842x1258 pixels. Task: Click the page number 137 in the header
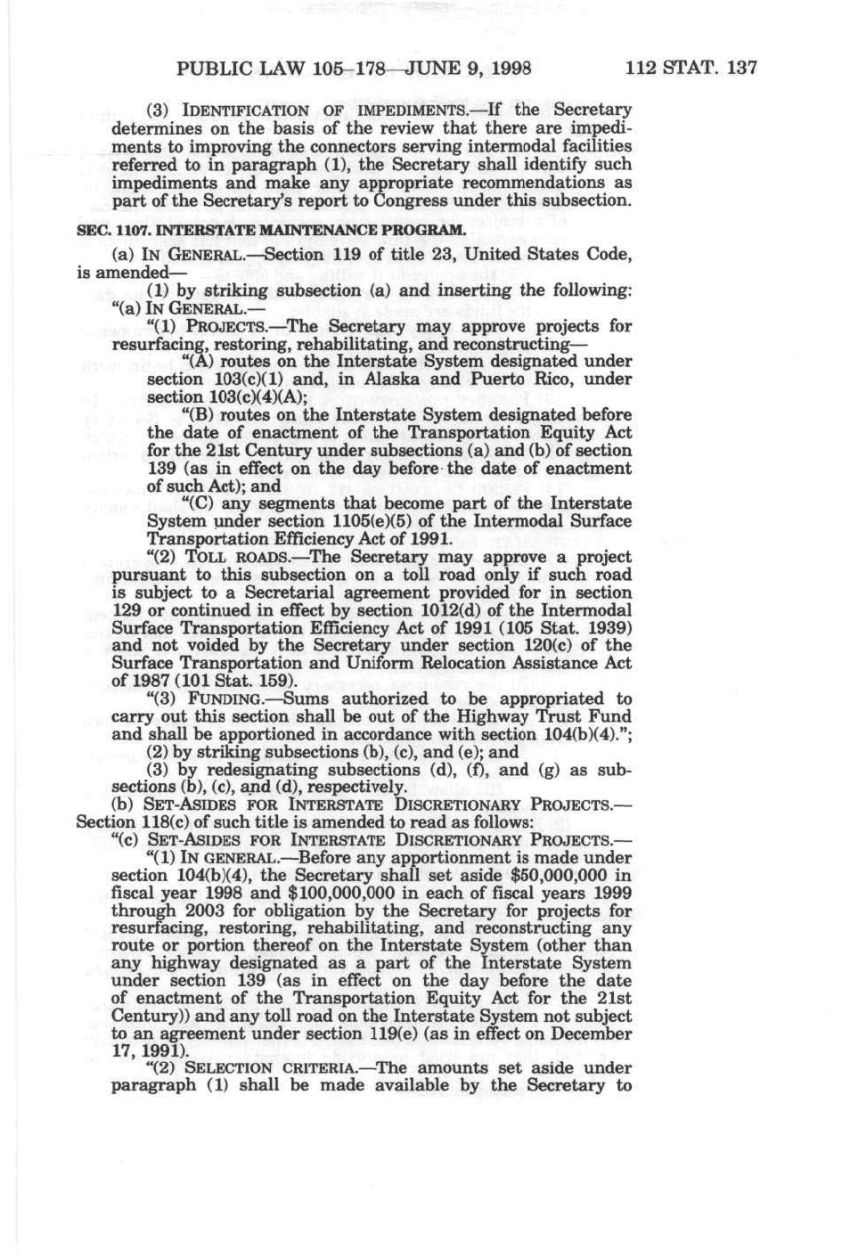tap(737, 68)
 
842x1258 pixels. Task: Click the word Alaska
tap(403, 380)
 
